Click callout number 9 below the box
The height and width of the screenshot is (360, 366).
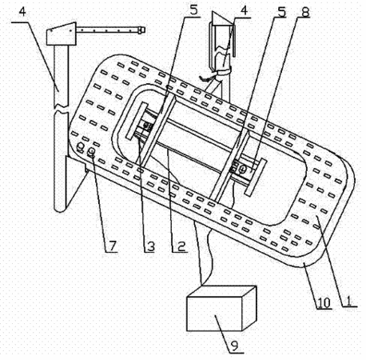coord(235,346)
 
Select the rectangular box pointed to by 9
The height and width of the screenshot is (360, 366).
coord(221,309)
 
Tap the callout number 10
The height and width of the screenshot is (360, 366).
coord(324,302)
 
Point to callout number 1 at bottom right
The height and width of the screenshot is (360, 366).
coord(348,300)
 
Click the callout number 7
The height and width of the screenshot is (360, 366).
coord(113,246)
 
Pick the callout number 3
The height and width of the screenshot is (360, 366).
coord(151,246)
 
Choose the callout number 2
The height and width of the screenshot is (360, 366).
coord(181,246)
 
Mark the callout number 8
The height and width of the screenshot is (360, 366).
coord(305,12)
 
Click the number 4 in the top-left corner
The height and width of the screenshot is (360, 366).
coord(23,13)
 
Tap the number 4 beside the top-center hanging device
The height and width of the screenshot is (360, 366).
coord(244,10)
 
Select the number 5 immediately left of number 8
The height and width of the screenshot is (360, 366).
coord(281,12)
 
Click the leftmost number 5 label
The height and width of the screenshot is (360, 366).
coord(193,10)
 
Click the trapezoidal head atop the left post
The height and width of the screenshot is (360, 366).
coord(62,34)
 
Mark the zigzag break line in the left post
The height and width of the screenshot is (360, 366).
coord(62,109)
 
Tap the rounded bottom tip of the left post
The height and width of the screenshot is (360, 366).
coord(61,210)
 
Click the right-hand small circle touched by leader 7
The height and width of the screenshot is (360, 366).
coord(91,152)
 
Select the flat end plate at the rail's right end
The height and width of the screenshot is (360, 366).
coord(256,178)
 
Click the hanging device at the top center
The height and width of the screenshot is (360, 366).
coord(222,46)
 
